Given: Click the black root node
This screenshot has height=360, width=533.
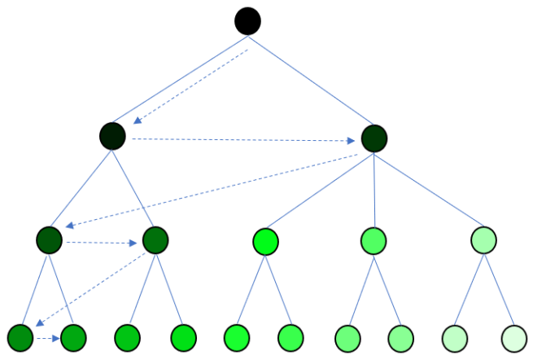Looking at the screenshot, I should pos(247,20).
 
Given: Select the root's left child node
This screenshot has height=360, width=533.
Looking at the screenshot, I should pos(112,136).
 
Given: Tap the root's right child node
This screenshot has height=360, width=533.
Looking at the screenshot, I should pos(374,138).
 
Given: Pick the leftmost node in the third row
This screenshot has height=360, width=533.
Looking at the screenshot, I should pos(50,240).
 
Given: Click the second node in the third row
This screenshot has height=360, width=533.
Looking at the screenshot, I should pos(155,240).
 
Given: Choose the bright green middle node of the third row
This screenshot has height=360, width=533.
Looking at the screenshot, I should pos(265,241).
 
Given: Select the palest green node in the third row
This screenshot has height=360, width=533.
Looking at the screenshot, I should pos(483,240).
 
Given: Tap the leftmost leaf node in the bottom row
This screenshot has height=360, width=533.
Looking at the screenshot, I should pos(20,336).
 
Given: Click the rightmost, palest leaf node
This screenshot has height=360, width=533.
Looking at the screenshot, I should pos(514,336).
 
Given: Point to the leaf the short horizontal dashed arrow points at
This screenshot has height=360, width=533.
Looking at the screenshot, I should pos(73,336).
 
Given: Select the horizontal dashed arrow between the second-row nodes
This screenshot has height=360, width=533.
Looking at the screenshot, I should pos(244,140).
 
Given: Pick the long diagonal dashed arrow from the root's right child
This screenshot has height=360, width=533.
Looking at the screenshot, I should pos(212,191).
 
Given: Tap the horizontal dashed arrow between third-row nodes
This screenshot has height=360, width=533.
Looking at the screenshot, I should pos(101,242).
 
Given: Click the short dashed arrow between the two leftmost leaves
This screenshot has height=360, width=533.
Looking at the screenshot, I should pos(46,336).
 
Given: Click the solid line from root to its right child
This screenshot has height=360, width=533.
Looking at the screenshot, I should pos(313,81).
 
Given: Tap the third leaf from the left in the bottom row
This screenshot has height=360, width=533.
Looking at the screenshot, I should pos(128,336).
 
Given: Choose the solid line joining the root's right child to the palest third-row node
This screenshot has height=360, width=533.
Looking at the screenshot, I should pos(429,189).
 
